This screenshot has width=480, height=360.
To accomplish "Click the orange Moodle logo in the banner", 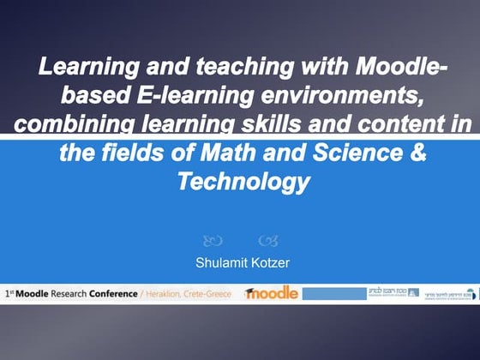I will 270,292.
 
